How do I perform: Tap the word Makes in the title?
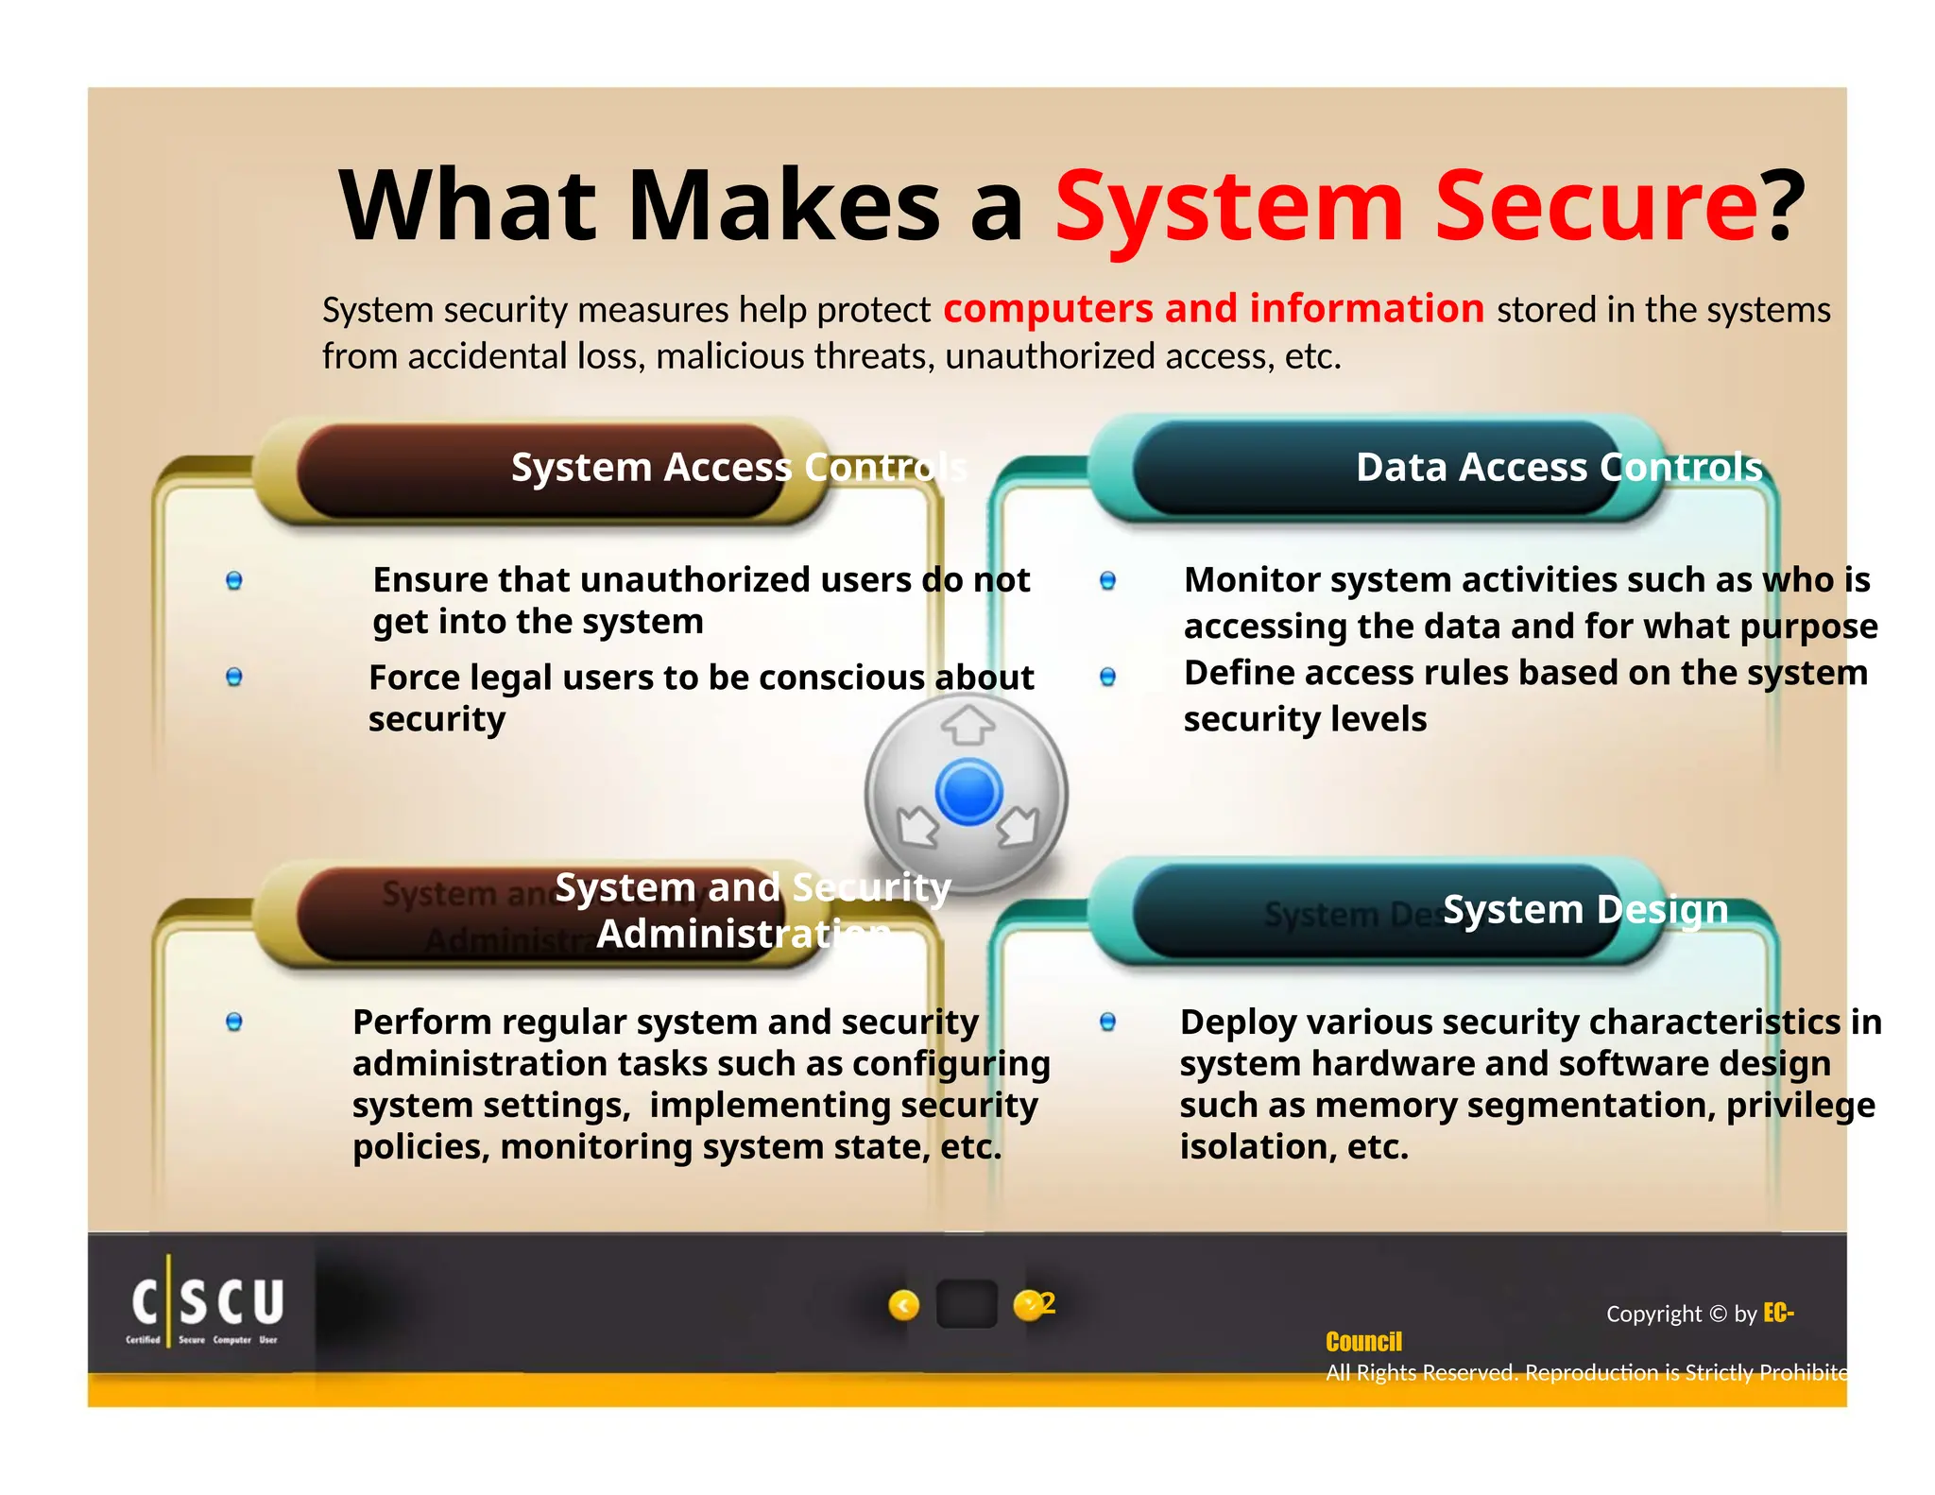[783, 206]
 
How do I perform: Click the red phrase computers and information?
[1213, 309]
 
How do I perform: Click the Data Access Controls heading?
[1559, 467]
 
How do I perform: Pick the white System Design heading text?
[1585, 909]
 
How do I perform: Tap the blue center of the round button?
[968, 791]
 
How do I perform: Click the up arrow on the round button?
[967, 726]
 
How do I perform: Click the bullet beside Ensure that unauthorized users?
[234, 580]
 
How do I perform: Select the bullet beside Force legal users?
[234, 677]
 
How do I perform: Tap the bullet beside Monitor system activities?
[1108, 580]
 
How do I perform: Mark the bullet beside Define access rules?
[1108, 677]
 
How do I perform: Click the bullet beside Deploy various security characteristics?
[1108, 1022]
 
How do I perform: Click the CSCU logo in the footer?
[207, 1304]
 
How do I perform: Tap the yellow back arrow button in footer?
[904, 1305]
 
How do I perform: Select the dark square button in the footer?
[967, 1304]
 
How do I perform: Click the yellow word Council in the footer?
[1363, 1342]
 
